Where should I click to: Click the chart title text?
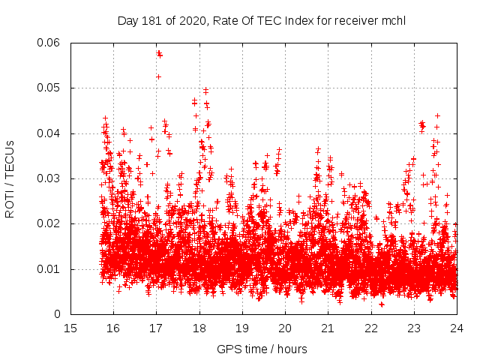click(x=262, y=20)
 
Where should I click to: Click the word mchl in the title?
click(x=393, y=20)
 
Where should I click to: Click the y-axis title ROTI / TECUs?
click(x=10, y=178)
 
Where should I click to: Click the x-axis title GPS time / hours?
click(x=262, y=349)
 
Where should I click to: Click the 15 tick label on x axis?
click(x=70, y=328)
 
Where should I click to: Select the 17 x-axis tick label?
click(x=156, y=328)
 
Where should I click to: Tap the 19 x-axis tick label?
click(x=242, y=328)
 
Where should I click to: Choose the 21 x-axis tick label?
click(x=328, y=328)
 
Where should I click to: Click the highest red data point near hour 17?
click(x=158, y=52)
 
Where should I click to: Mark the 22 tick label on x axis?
click(x=370, y=328)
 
